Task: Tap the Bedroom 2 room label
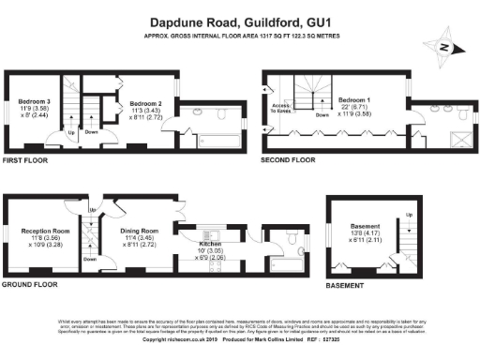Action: click(x=146, y=104)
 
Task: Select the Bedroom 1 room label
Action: click(x=354, y=99)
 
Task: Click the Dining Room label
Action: click(x=139, y=231)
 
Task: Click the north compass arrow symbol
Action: click(x=445, y=47)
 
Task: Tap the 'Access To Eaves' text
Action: click(x=282, y=110)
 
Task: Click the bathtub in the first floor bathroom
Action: click(x=221, y=142)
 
